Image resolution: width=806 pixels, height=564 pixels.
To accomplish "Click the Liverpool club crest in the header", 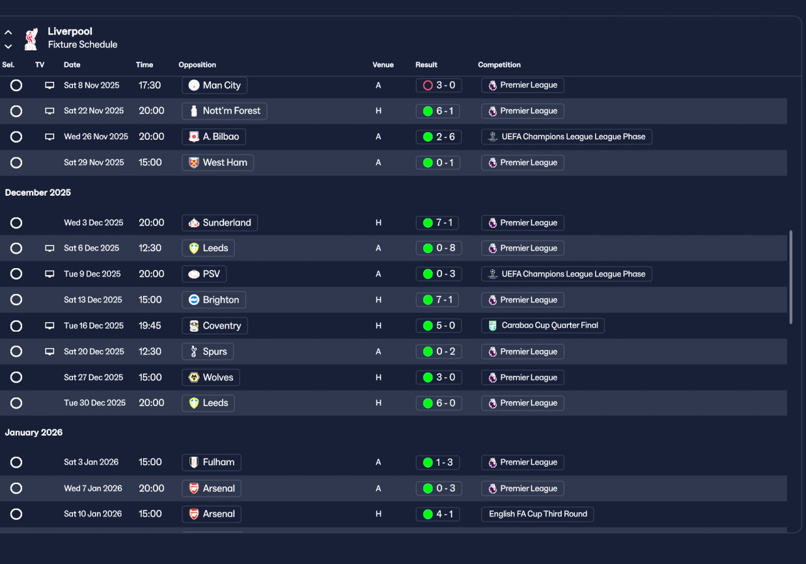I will point(30,38).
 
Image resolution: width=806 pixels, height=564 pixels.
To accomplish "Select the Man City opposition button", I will point(215,85).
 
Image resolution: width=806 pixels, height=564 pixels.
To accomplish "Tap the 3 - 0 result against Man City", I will point(438,85).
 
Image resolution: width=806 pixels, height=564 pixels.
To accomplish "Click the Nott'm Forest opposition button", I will point(224,111).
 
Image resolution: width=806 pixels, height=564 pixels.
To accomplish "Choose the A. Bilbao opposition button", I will point(213,137).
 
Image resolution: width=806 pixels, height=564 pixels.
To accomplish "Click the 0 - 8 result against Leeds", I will point(438,248).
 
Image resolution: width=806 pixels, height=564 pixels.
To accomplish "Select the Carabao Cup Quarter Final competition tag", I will point(543,325).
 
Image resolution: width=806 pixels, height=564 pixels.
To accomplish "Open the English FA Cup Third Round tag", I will point(537,514).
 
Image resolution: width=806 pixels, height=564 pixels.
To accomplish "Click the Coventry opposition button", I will point(215,325).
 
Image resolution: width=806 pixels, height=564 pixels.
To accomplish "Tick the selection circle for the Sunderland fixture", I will point(16,223).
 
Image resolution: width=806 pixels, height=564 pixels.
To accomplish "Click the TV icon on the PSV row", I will point(50,274).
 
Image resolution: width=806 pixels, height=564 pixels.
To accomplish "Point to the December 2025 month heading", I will point(38,193).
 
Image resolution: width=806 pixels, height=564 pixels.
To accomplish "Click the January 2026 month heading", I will point(34,432).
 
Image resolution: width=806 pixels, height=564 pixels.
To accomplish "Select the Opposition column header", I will point(197,65).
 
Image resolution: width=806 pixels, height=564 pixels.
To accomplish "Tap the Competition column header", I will point(499,65).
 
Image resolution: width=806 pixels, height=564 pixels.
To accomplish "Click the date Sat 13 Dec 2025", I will point(93,300).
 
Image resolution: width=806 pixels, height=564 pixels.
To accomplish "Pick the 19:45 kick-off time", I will point(150,325).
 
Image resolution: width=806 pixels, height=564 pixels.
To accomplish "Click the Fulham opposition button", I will point(211,462).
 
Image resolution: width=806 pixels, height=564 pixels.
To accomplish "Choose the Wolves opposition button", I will point(211,377).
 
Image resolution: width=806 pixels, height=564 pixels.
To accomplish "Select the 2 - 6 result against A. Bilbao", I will point(438,137).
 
